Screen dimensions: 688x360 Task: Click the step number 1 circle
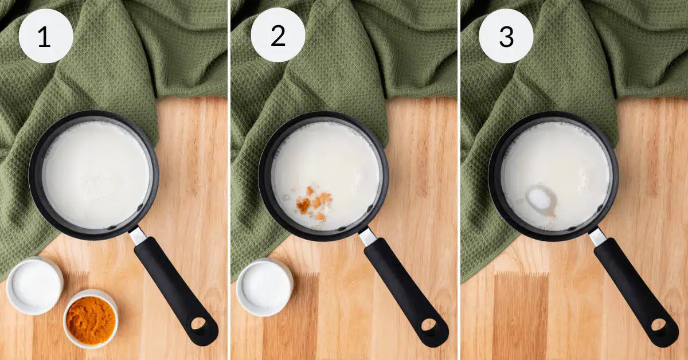coord(46,36)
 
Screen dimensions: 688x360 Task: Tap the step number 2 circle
coord(278,35)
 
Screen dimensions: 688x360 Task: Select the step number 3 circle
coord(506,36)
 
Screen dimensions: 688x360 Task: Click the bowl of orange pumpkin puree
coord(91,319)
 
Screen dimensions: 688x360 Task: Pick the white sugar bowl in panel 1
coord(35,285)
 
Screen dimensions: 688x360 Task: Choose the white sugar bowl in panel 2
coord(265,287)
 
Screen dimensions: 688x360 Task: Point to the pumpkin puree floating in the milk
coord(312,203)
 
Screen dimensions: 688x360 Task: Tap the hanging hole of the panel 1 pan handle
coord(198,324)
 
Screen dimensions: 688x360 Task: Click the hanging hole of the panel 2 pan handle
coord(428,325)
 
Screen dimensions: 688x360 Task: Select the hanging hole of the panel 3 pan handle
coord(659,325)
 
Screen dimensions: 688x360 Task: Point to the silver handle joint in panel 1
coord(137,236)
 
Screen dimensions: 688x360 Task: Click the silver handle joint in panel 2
coord(368,237)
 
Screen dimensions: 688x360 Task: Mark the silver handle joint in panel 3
coord(597,237)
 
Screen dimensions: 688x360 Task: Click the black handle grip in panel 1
coord(175,290)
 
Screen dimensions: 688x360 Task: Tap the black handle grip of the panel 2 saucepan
coord(405,292)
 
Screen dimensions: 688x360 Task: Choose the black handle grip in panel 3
coord(635,292)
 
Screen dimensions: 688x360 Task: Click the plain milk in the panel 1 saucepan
coord(96,175)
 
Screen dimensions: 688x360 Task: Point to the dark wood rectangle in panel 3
coord(521,316)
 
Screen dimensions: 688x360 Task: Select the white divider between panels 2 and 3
coord(459,180)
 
